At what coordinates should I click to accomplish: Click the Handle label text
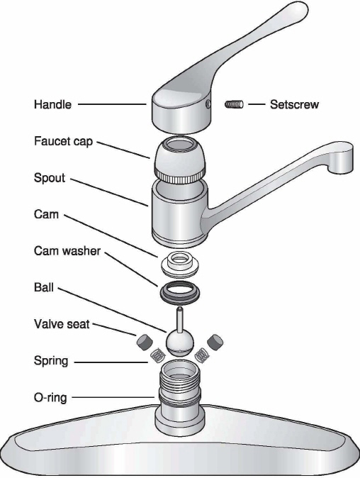(52, 104)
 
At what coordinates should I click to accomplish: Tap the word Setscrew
(294, 104)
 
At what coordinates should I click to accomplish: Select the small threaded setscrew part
(234, 104)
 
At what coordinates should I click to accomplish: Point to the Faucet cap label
(63, 141)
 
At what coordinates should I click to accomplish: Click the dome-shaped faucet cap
(180, 161)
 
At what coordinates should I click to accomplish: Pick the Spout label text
(50, 178)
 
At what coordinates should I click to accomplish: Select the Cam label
(46, 214)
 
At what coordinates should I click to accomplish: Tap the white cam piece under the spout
(179, 265)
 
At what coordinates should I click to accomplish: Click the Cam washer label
(67, 251)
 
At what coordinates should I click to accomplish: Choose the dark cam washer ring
(180, 294)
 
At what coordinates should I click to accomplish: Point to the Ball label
(43, 287)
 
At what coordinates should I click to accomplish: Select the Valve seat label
(62, 323)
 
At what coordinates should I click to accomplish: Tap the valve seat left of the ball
(145, 341)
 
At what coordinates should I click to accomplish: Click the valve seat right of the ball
(215, 341)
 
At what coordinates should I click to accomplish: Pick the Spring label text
(51, 361)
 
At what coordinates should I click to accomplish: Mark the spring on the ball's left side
(158, 355)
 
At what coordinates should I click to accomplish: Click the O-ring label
(50, 398)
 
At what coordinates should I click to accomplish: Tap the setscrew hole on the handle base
(208, 104)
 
